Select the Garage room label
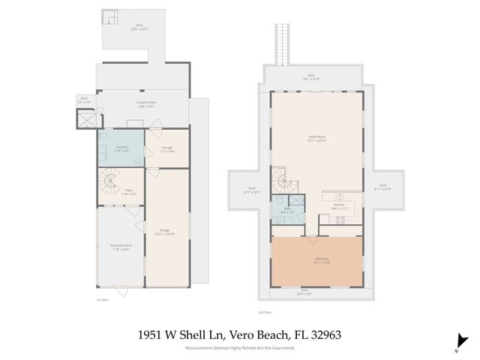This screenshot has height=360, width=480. point(166,231)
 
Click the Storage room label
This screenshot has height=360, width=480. point(166,148)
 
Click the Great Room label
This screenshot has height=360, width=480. point(316,138)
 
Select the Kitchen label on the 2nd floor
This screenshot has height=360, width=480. point(338,205)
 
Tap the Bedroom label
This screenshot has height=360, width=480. point(321,260)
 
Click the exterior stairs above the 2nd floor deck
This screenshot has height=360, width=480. point(282,45)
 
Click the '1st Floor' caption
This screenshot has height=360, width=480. point(103,298)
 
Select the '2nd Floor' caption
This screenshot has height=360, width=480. point(264,311)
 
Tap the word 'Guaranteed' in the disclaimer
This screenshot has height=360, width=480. point(282,348)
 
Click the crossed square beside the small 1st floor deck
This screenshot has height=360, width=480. point(87,118)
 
